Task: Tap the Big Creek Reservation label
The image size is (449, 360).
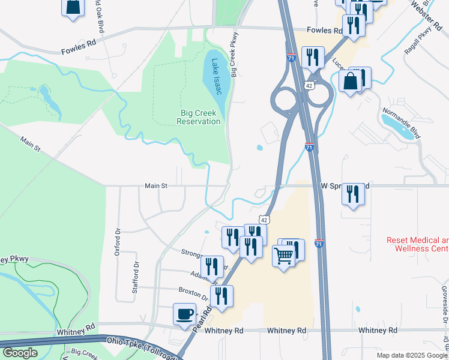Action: pyautogui.click(x=199, y=117)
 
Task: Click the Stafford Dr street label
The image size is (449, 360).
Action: pyautogui.click(x=136, y=275)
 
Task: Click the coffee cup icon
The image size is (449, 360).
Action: pyautogui.click(x=184, y=313)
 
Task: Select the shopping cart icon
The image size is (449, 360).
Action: pyautogui.click(x=284, y=256)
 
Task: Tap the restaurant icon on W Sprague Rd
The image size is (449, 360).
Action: pyautogui.click(x=353, y=194)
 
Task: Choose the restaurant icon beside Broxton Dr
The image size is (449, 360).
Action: pyautogui.click(x=222, y=295)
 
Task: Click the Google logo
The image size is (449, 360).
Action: pyautogui.click(x=20, y=353)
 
